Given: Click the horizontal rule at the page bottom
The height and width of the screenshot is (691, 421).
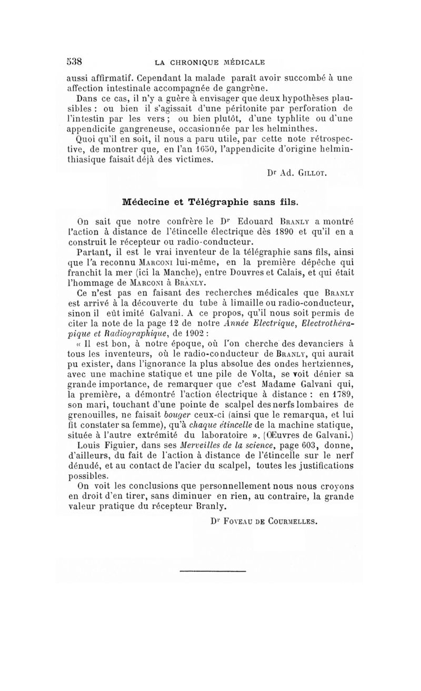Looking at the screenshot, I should pyautogui.click(x=213, y=570).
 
